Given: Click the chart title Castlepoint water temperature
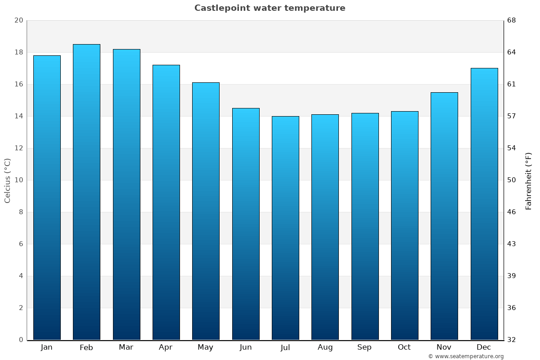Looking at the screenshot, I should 270,8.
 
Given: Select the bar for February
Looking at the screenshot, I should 86,192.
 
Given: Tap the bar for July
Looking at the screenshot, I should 285,228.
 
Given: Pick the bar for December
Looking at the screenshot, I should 484,203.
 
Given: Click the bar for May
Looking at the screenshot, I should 206,211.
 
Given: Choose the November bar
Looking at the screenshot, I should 444,216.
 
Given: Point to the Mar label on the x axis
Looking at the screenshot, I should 126,347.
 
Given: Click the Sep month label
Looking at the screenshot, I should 364,347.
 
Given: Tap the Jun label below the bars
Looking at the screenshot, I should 246,347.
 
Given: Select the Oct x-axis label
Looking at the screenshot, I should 404,347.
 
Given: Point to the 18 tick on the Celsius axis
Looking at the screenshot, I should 18,52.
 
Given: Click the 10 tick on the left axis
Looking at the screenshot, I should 18,180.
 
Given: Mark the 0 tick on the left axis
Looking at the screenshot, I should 21,340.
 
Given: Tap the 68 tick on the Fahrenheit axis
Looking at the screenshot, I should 512,20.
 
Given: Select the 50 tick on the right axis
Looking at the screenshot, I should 512,180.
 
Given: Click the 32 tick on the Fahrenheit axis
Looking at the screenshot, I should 512,340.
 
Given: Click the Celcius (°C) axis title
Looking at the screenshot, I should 7,180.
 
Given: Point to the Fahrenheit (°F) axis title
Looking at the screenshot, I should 529,180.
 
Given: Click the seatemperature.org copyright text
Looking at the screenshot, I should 466,356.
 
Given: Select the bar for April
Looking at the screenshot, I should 166,202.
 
